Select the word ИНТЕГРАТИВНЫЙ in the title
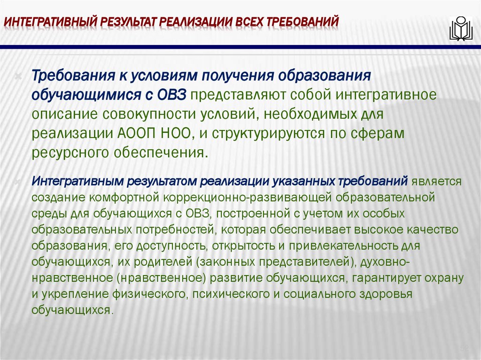click(50, 22)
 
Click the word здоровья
click(392, 294)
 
